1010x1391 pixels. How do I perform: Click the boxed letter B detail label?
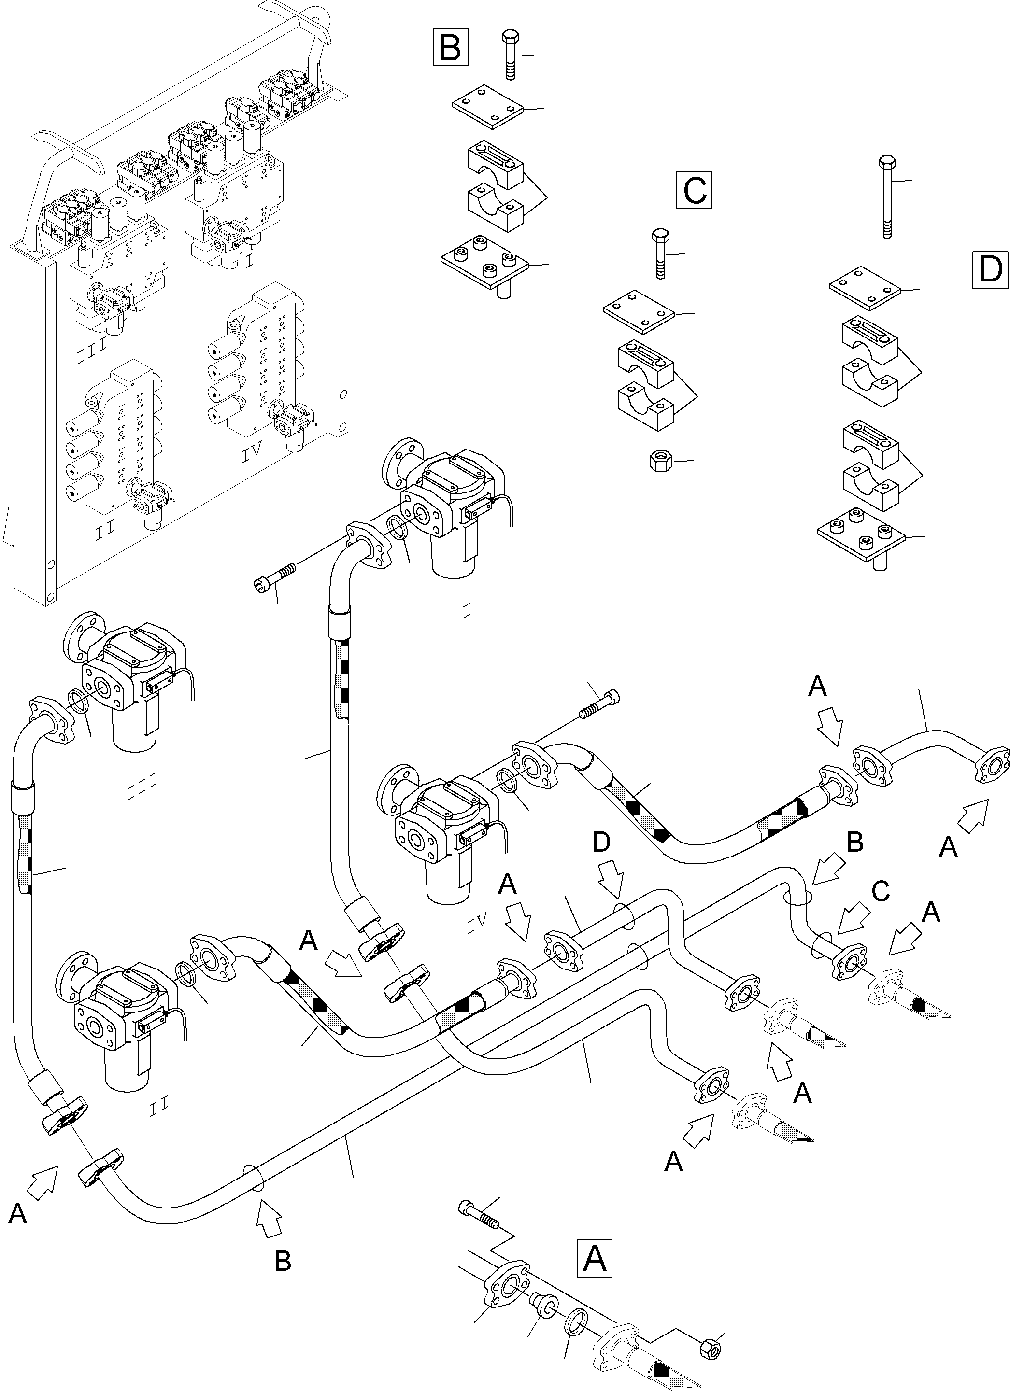[x=450, y=47]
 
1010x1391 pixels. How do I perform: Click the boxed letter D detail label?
[x=990, y=269]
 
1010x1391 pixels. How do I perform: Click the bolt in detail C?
[x=660, y=253]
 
